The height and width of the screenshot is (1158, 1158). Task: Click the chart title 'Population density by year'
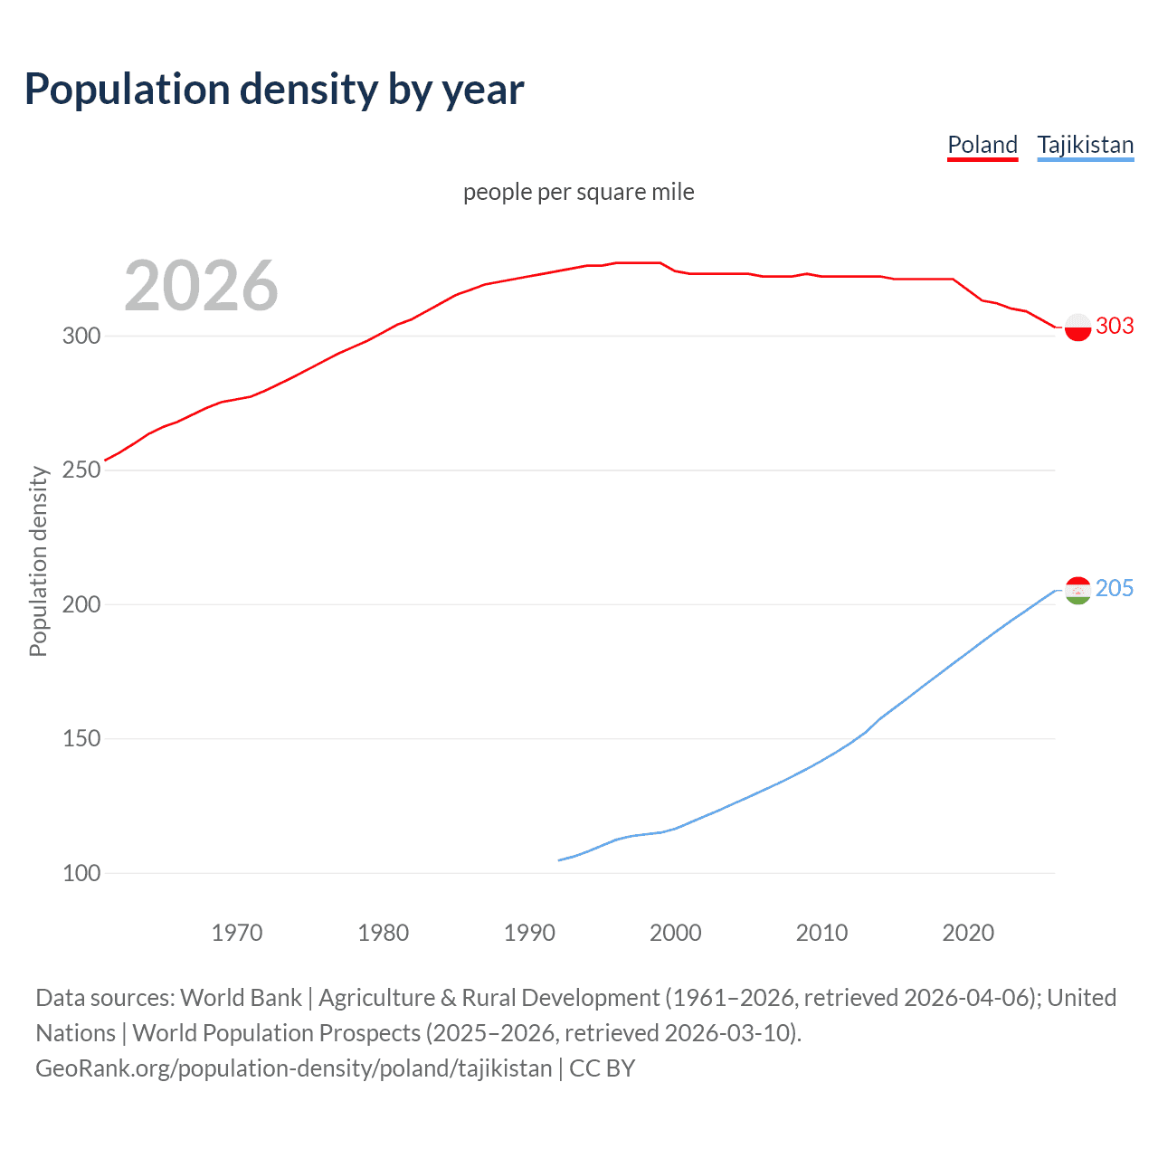point(274,90)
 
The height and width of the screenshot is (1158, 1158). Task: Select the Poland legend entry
point(982,145)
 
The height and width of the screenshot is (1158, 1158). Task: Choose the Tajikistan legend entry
point(1085,145)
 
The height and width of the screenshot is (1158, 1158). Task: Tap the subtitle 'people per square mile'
point(579,192)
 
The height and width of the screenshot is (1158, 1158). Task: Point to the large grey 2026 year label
point(201,286)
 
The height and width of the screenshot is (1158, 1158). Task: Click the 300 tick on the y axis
point(81,336)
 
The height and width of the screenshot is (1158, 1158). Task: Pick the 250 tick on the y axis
point(81,470)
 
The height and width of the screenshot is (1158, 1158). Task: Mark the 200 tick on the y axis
point(81,604)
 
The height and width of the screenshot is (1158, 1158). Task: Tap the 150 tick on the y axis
point(81,739)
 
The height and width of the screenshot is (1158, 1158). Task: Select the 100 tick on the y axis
point(81,873)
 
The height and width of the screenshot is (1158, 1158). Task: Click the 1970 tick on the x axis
point(237,933)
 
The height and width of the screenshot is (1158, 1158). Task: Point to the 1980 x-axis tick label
point(384,933)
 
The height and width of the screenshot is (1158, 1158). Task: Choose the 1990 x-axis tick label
point(529,933)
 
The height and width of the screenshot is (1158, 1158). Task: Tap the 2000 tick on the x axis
point(676,933)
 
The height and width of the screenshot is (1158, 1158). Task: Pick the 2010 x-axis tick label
point(822,933)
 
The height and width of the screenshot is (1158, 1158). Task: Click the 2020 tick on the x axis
point(968,933)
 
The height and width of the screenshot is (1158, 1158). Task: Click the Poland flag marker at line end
point(1077,327)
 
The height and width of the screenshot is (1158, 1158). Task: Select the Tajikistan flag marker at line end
point(1077,590)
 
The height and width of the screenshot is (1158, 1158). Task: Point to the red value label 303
point(1115,326)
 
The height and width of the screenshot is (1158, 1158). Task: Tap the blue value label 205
point(1115,589)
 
